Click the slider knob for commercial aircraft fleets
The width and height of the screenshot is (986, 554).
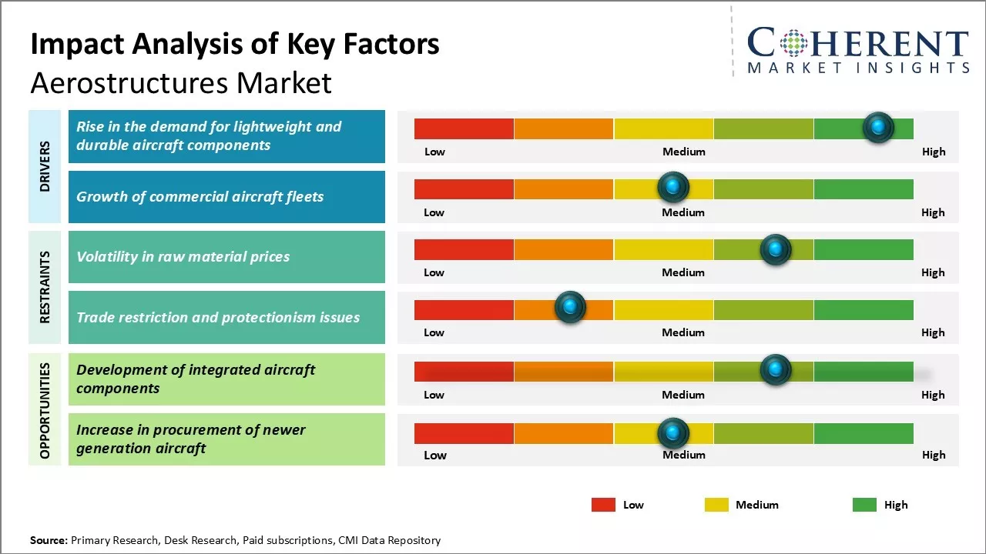tap(673, 187)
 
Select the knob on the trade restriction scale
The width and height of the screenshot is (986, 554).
tap(570, 307)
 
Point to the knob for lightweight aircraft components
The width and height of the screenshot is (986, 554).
tap(878, 127)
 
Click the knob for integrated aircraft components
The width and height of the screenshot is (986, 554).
tap(775, 370)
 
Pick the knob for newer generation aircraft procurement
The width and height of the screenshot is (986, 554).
tap(673, 433)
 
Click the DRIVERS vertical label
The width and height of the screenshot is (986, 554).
tap(45, 166)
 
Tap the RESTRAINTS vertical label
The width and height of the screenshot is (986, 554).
tap(45, 287)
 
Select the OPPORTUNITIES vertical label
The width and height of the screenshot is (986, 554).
tap(45, 410)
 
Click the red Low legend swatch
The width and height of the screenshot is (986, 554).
tap(603, 505)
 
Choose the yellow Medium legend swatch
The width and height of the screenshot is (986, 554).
tap(716, 505)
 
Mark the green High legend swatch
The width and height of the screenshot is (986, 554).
tap(864, 505)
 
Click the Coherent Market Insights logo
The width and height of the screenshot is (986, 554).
tap(857, 50)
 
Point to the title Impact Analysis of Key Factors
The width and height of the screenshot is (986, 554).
tap(235, 44)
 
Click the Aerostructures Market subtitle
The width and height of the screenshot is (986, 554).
tap(181, 82)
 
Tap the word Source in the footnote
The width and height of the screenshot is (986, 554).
tap(49, 540)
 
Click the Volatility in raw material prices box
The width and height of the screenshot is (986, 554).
tap(226, 257)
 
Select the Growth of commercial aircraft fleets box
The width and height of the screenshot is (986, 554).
tap(226, 197)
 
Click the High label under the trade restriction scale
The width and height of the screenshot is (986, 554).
tap(932, 332)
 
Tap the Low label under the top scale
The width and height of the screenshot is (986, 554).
tap(434, 152)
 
